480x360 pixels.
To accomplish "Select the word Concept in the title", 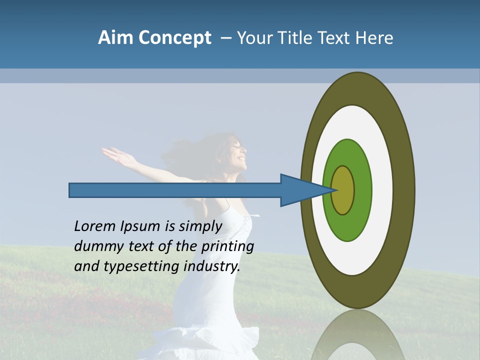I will [x=174, y=38].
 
